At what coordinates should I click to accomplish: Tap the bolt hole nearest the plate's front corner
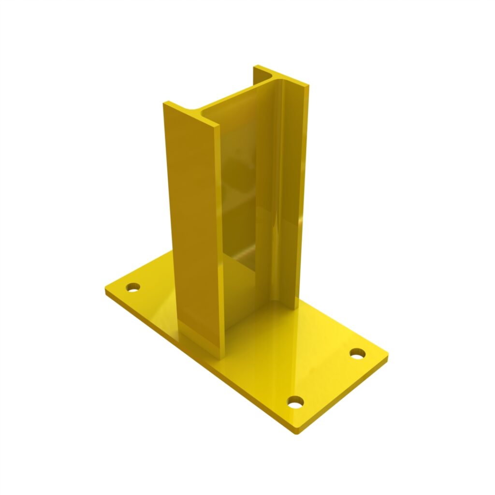[295, 401]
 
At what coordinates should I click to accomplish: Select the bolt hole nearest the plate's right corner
[357, 353]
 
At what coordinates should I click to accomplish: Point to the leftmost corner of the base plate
[106, 291]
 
